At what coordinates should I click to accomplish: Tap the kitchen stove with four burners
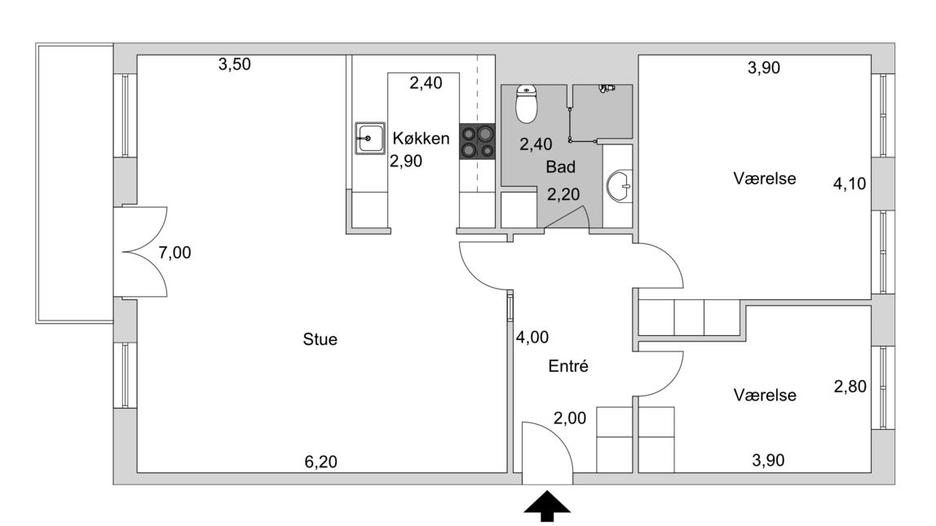coord(477,141)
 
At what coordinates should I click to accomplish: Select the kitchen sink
coord(369,138)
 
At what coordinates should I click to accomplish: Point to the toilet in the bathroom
coord(527,104)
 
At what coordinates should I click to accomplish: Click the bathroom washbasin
coord(620,186)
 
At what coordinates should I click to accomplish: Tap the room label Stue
coord(320,339)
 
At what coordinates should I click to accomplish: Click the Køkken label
coord(421,139)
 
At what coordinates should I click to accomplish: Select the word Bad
coord(561,167)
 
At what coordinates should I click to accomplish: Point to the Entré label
coord(569,366)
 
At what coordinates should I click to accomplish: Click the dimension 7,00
coord(174,253)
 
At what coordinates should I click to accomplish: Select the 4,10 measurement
coord(849,185)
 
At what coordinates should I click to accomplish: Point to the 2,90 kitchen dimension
coord(405,161)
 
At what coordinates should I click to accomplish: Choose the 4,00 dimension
coord(532,337)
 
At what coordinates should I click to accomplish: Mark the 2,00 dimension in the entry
coord(569,418)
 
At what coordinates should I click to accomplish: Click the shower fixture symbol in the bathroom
coord(607,87)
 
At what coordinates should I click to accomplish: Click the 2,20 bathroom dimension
coord(563,195)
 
